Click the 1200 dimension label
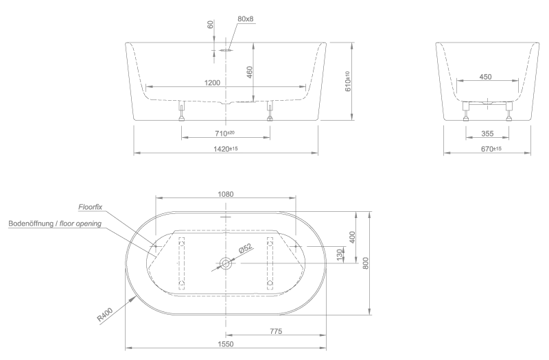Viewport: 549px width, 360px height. pos(212,83)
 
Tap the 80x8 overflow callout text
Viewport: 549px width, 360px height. pos(245,19)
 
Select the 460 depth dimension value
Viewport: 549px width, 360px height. pos(249,72)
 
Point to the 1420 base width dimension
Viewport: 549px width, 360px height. pos(226,149)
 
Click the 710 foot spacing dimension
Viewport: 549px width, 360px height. pos(225,133)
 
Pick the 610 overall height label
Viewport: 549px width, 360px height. pos(347,82)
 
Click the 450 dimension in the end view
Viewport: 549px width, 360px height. pos(485,77)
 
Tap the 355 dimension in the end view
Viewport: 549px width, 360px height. pos(487,133)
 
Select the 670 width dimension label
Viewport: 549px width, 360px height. pos(491,149)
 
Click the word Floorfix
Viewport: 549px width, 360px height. pos(91,207)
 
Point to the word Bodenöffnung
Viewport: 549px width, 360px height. pos(31,224)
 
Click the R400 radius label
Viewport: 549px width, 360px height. pos(105,314)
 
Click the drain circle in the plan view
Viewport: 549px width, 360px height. pos(226,263)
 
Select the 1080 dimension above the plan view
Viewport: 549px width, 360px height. pos(226,194)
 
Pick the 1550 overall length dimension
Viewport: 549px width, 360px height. pos(226,344)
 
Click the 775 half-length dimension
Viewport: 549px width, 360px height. pos(276,331)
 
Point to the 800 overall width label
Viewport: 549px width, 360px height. pos(366,263)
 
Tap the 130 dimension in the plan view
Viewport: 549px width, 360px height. pos(339,254)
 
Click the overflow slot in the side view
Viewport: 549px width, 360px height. pos(226,50)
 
